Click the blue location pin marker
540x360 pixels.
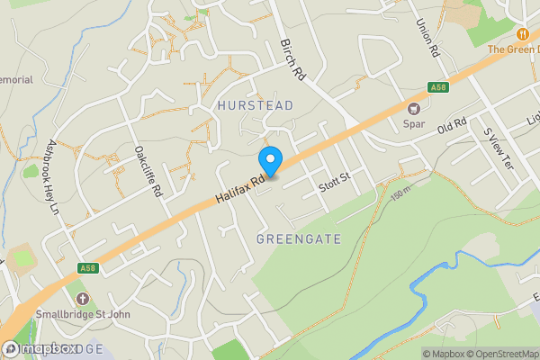[x=271, y=160]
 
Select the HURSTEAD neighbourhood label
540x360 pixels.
[x=256, y=105]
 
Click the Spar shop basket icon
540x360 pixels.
[x=414, y=109]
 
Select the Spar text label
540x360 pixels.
[x=414, y=123]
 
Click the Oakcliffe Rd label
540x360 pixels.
[x=147, y=172]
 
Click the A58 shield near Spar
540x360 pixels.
[x=437, y=88]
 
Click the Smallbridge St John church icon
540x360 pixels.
[x=83, y=298]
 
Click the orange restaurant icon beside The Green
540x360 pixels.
[x=521, y=33]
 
